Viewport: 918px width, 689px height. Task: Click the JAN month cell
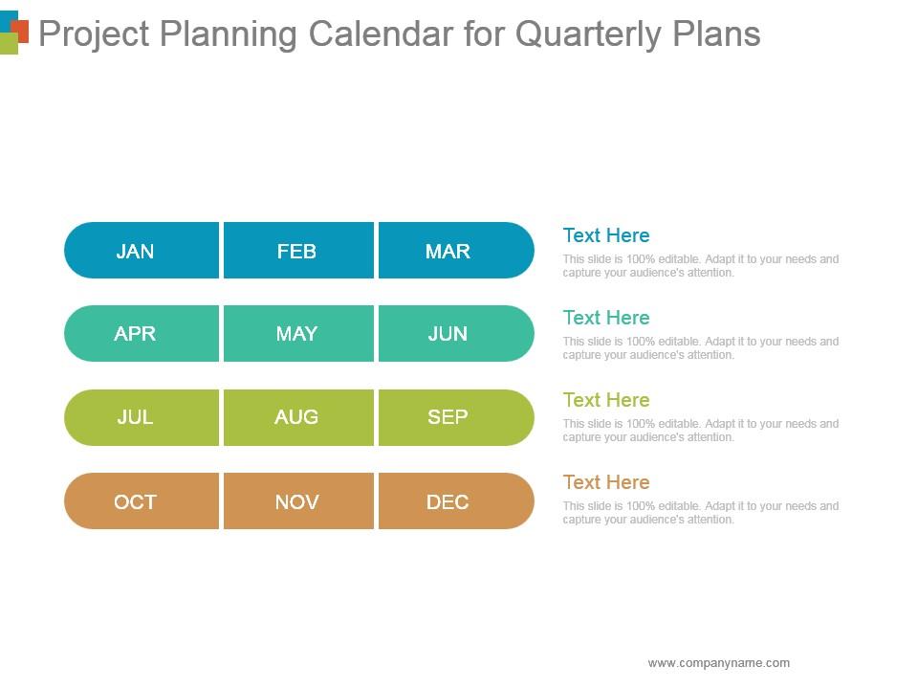pos(142,250)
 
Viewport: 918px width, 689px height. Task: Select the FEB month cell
pos(298,250)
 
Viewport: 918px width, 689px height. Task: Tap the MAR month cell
pos(456,250)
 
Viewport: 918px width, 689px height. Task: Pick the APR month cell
pos(142,333)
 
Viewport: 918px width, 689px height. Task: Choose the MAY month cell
pos(298,333)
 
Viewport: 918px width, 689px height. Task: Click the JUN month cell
pos(456,333)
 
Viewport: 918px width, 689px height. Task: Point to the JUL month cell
pos(142,418)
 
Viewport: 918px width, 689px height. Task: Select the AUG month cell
pos(298,418)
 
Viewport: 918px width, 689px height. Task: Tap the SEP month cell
pos(456,418)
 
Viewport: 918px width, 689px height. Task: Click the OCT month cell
pos(142,500)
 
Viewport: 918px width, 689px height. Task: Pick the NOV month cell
pos(298,500)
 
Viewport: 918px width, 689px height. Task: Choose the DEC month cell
pos(456,500)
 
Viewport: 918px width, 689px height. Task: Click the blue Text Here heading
pos(606,235)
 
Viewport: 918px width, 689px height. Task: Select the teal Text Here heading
pos(606,318)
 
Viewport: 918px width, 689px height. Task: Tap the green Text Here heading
pos(606,400)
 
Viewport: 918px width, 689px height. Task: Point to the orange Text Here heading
pos(606,482)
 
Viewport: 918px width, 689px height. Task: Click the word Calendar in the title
pos(381,33)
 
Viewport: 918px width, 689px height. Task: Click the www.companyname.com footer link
pos(718,662)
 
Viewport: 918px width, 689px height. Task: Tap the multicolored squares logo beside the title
pos(14,33)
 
